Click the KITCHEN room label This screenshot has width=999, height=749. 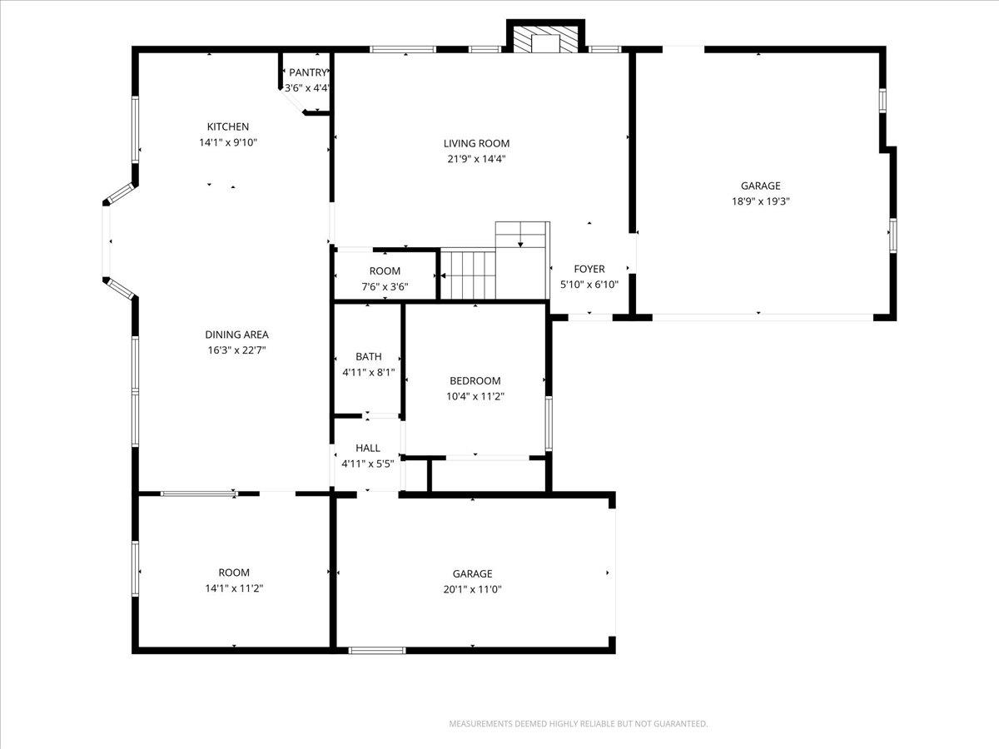pyautogui.click(x=227, y=126)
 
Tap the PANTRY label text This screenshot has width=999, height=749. pyautogui.click(x=308, y=73)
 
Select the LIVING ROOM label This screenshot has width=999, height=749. pyautogui.click(x=476, y=143)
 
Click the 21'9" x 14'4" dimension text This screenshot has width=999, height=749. pyautogui.click(x=476, y=159)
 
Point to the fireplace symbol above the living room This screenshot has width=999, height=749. pyautogui.click(x=546, y=40)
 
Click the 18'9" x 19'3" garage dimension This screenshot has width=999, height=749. pyautogui.click(x=761, y=201)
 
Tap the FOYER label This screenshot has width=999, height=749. pyautogui.click(x=589, y=269)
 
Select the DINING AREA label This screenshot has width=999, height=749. pyautogui.click(x=236, y=335)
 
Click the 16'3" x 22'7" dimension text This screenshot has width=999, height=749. pyautogui.click(x=236, y=350)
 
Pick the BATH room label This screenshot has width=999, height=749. pyautogui.click(x=368, y=357)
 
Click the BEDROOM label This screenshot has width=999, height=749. pyautogui.click(x=475, y=381)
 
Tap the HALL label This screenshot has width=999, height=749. pyautogui.click(x=368, y=448)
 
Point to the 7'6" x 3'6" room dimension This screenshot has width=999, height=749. pyautogui.click(x=385, y=286)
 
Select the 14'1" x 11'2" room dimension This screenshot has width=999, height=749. pyautogui.click(x=234, y=588)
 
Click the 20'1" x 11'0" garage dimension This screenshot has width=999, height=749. pyautogui.click(x=472, y=589)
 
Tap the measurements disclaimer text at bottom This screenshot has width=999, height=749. pyautogui.click(x=579, y=724)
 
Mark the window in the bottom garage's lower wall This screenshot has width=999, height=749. pyautogui.click(x=377, y=650)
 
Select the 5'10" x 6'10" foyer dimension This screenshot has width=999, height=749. pyautogui.click(x=589, y=285)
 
